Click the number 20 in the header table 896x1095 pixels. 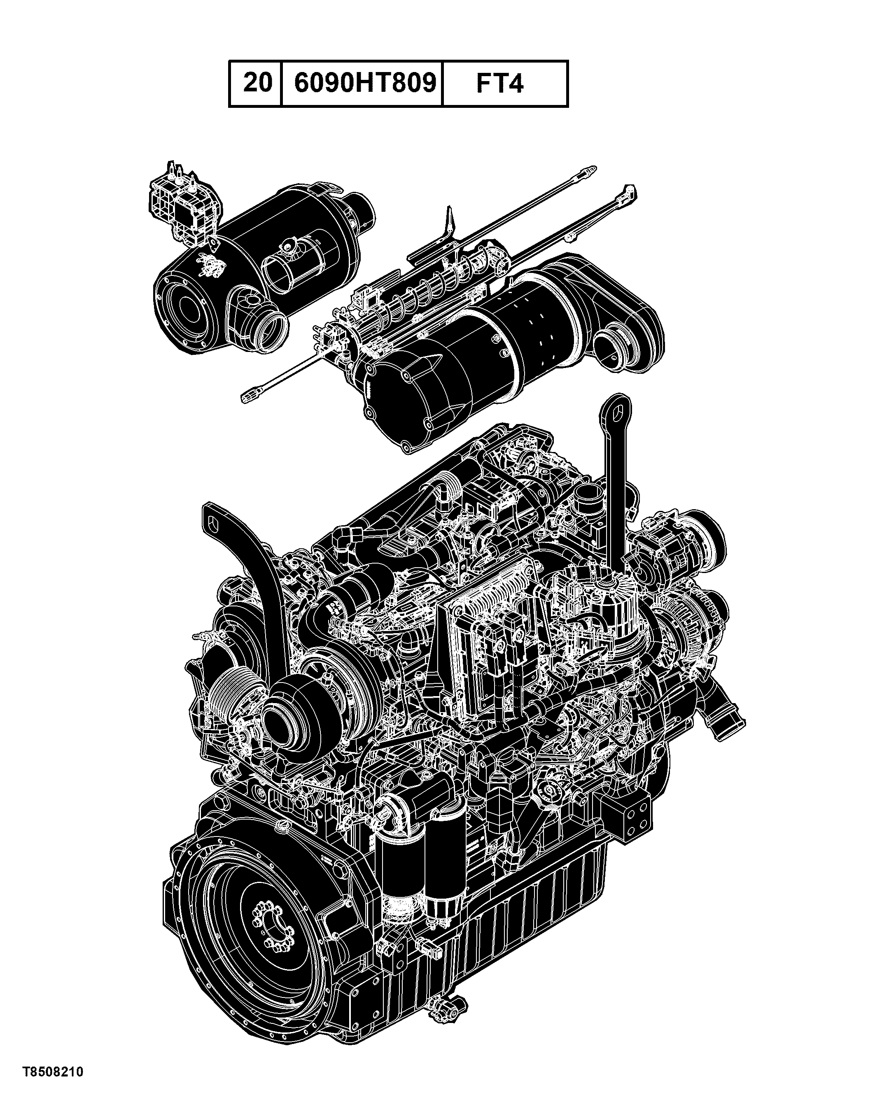pos(257,83)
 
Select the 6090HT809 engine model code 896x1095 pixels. pos(365,83)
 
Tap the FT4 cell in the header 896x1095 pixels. pos(499,84)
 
